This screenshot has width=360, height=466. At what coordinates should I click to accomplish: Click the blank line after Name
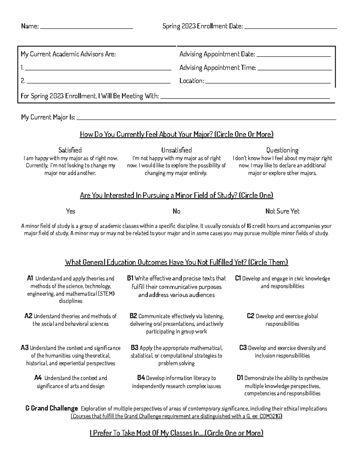point(86,28)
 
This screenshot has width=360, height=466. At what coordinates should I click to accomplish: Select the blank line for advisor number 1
point(98,69)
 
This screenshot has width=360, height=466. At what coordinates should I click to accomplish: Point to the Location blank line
point(268,82)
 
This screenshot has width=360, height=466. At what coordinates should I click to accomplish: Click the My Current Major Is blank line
point(206,118)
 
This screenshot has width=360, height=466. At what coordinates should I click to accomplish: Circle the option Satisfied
point(70,150)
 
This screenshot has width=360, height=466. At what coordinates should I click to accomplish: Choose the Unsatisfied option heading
point(176,150)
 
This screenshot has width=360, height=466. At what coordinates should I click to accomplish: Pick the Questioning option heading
point(282,150)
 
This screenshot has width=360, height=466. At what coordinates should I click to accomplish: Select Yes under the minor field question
point(70,211)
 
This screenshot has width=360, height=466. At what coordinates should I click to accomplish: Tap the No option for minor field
point(176,211)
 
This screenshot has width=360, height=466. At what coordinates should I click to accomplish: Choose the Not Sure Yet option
point(282,211)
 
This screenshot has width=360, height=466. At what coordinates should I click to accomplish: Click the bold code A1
point(30,278)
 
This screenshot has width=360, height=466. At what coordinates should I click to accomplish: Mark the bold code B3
point(134,348)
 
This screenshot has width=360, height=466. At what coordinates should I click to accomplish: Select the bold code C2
point(250,316)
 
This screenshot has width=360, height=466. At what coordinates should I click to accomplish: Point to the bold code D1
point(240,378)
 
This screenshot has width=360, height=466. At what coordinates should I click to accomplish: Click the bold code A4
point(37,378)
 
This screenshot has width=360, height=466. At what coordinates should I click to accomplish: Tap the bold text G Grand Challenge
point(52,408)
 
